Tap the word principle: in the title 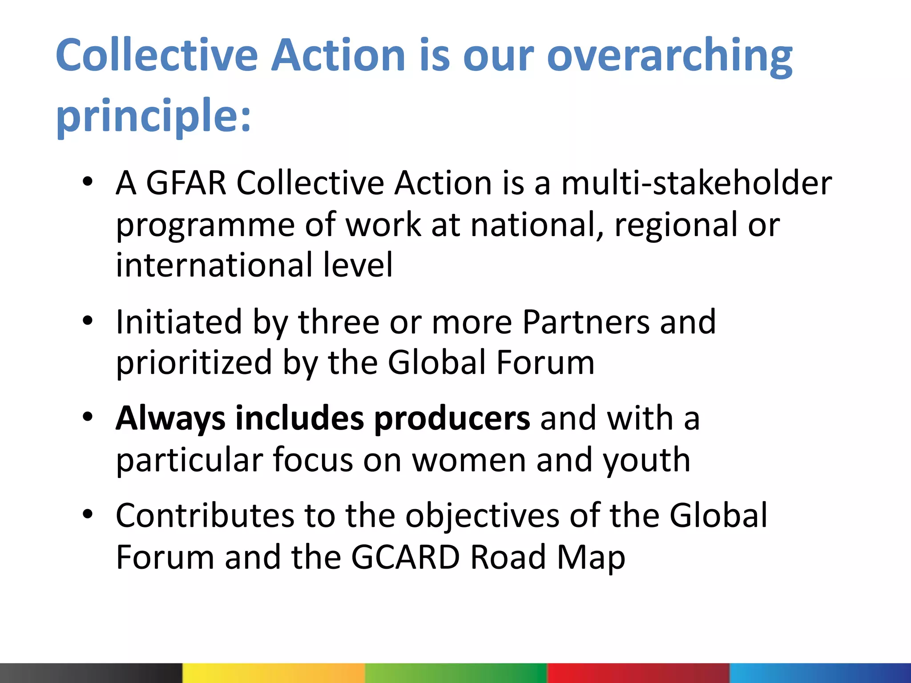tap(153, 116)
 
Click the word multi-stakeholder tap(696, 183)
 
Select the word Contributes tap(205, 516)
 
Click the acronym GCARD tap(405, 557)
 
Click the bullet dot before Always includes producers tap(88, 417)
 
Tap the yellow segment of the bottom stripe tap(273, 673)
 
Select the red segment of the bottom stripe tap(638, 673)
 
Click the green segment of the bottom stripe tap(455, 673)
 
